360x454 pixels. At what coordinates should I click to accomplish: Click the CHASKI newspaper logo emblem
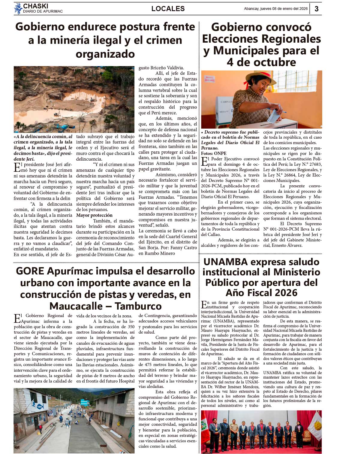18,8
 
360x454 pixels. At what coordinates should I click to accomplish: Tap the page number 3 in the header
316,9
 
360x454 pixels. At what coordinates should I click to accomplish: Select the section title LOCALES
168,9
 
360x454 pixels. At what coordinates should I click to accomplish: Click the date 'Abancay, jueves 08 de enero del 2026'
276,9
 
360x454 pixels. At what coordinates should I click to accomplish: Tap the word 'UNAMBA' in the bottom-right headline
225,262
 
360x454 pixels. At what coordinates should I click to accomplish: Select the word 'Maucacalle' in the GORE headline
77,306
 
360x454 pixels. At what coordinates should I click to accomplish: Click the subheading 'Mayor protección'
94,215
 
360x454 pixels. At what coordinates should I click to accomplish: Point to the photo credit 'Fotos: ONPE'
214,153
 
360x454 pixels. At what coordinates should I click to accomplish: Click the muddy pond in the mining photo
81,98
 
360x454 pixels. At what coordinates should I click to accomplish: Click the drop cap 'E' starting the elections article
204,162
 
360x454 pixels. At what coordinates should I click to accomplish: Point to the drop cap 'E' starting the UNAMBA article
204,304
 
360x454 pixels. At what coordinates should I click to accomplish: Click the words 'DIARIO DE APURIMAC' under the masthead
43,11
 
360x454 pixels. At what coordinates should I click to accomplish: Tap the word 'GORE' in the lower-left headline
30,271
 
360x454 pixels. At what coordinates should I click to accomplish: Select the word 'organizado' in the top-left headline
105,54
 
